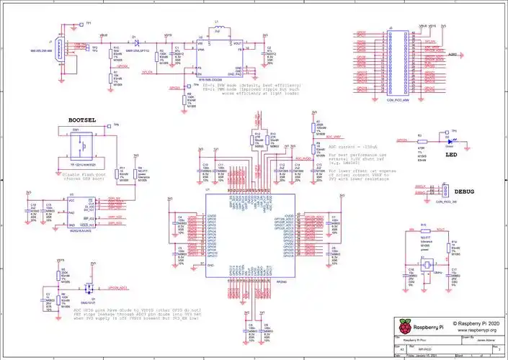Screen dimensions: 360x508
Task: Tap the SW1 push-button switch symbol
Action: pos(79,148)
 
